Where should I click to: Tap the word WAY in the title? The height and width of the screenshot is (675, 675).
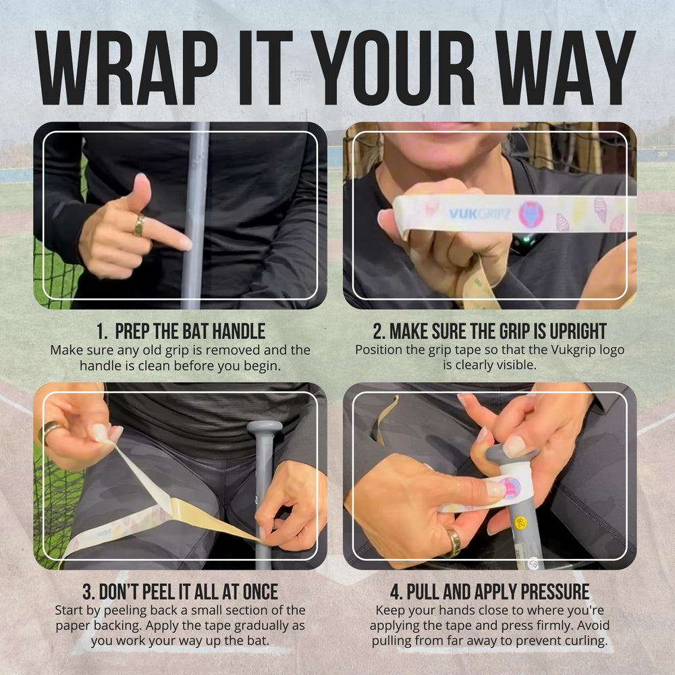tap(566, 67)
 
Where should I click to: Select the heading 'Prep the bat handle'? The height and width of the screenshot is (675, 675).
tap(181, 331)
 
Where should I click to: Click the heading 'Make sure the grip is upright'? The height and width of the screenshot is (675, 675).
tap(489, 331)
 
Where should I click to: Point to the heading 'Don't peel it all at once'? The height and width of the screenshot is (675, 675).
tap(180, 591)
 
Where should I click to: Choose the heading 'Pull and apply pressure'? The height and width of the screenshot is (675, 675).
tap(489, 591)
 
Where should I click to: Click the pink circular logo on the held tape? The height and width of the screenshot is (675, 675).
tap(531, 214)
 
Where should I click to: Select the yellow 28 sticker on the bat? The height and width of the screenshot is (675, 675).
tap(520, 523)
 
